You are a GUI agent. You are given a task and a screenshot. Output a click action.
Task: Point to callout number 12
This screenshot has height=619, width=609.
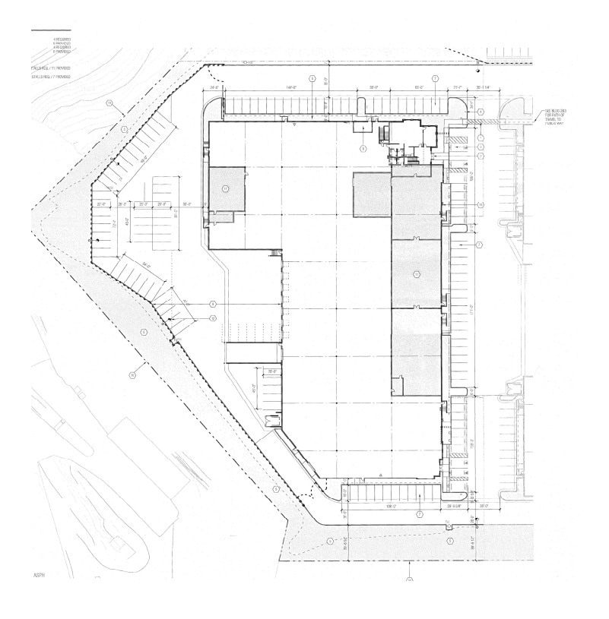click(214, 317)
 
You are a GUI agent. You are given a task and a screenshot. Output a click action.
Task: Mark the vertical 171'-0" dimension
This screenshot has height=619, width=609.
click(473, 311)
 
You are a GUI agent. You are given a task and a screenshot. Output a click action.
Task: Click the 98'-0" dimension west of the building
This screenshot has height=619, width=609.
click(187, 204)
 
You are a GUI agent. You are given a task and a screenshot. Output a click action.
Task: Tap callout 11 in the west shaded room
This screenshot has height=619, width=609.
click(225, 187)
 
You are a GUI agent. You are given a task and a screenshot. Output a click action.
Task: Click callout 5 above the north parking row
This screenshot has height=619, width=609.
click(312, 79)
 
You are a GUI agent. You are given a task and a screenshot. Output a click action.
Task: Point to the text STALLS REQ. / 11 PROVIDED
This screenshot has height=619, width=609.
click(51, 67)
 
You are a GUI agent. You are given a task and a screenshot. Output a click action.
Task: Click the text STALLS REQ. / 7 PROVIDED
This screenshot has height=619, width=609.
click(51, 77)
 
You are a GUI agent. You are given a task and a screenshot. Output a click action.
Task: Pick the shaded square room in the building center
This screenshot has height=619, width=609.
click(371, 195)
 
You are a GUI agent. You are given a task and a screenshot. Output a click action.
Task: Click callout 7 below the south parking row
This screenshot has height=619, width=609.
click(419, 514)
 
